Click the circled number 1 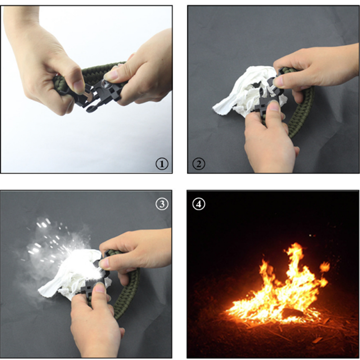(x=162, y=164)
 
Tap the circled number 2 (x=198, y=164)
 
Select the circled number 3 (x=162, y=204)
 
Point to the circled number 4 (x=198, y=204)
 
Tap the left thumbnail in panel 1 (x=78, y=88)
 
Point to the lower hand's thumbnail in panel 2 (x=274, y=105)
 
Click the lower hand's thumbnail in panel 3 (x=100, y=288)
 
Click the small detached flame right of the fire (x=324, y=266)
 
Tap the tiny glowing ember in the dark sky (x=310, y=235)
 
